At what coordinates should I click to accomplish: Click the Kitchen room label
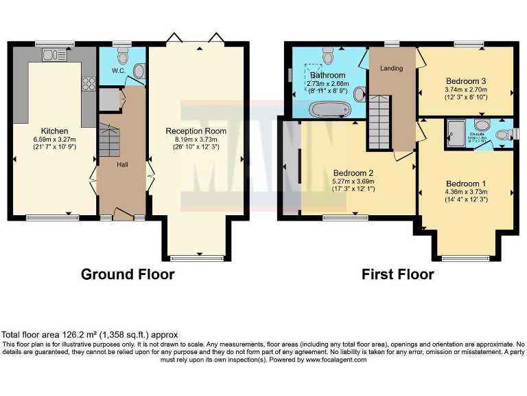[54, 131]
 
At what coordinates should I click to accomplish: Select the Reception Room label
[196, 131]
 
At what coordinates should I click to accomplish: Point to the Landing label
[392, 68]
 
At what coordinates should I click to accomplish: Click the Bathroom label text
[327, 75]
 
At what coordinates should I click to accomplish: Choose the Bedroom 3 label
[466, 80]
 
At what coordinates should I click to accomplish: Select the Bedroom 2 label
[353, 173]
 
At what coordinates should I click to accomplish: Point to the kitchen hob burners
[89, 84]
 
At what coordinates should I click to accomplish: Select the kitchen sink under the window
[56, 53]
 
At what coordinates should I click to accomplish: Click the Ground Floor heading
[128, 274]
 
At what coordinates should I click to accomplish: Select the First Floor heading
[398, 274]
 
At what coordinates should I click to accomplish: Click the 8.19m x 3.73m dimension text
[196, 138]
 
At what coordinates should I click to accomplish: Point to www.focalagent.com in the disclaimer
[336, 360]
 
